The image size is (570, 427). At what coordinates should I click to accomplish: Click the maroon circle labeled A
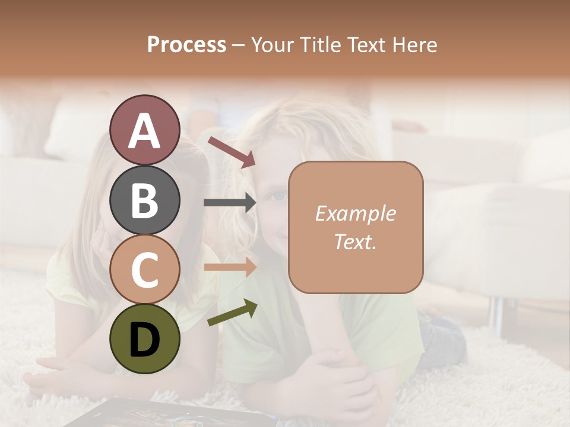tap(144, 130)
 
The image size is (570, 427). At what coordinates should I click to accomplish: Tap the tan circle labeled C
tap(144, 269)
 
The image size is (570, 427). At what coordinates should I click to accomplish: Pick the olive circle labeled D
tap(144, 339)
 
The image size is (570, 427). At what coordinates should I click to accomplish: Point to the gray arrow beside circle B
tap(230, 203)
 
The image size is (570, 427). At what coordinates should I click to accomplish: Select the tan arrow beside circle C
tap(230, 267)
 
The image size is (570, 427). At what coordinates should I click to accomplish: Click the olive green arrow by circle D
tap(232, 313)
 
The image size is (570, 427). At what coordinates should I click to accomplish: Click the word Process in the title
tap(186, 44)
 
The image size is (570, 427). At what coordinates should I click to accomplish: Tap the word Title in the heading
tap(319, 44)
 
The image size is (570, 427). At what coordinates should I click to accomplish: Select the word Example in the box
tap(355, 213)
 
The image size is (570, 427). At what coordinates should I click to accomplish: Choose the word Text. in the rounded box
tap(355, 241)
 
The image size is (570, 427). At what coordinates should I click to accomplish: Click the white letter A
tap(144, 130)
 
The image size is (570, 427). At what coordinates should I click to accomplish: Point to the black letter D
tap(144, 339)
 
